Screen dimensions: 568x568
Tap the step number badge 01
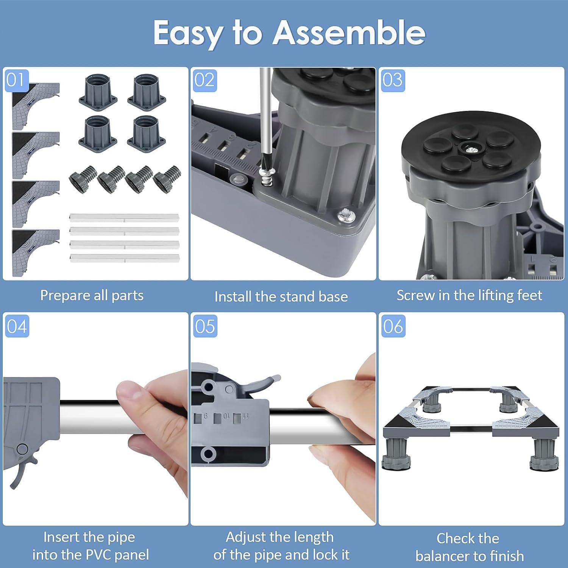pos(16,80)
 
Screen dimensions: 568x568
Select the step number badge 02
pos(205,80)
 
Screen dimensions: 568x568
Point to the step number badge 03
pos(393,80)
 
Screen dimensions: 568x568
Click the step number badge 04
pos(17,326)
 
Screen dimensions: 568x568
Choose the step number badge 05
pos(205,326)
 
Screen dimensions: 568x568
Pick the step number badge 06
pos(393,326)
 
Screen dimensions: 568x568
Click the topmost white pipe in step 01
pos(124,218)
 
